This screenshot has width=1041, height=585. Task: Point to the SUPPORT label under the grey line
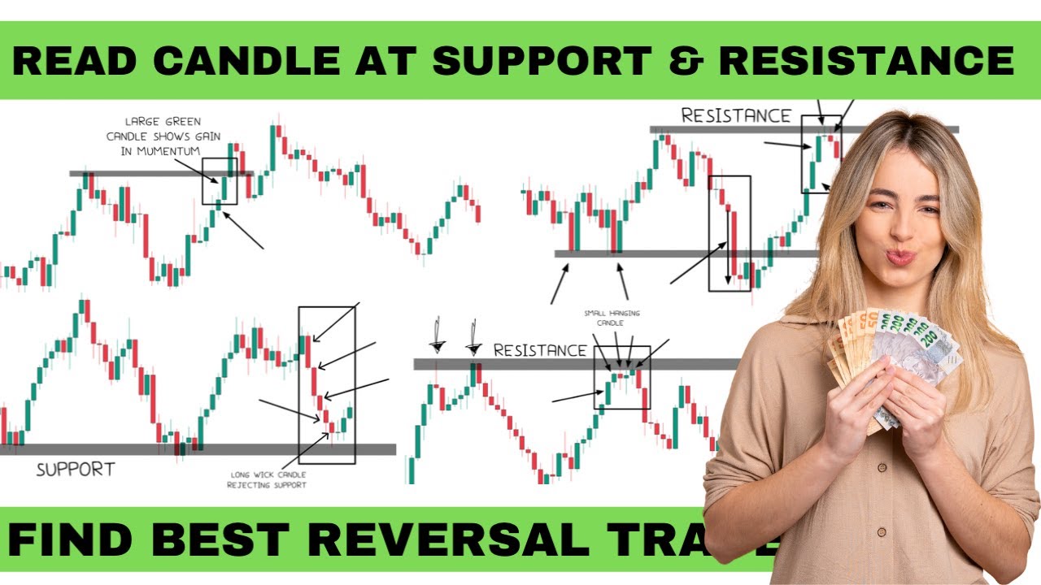tap(76, 469)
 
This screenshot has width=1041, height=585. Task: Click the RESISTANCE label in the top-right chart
tap(735, 115)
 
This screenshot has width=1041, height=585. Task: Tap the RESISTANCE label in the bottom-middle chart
tap(540, 350)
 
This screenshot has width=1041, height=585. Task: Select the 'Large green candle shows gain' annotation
tap(163, 136)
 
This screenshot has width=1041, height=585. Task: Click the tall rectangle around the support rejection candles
tap(327, 384)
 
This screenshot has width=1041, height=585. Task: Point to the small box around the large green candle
tap(220, 180)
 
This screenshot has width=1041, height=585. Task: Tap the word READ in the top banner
tap(67, 61)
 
